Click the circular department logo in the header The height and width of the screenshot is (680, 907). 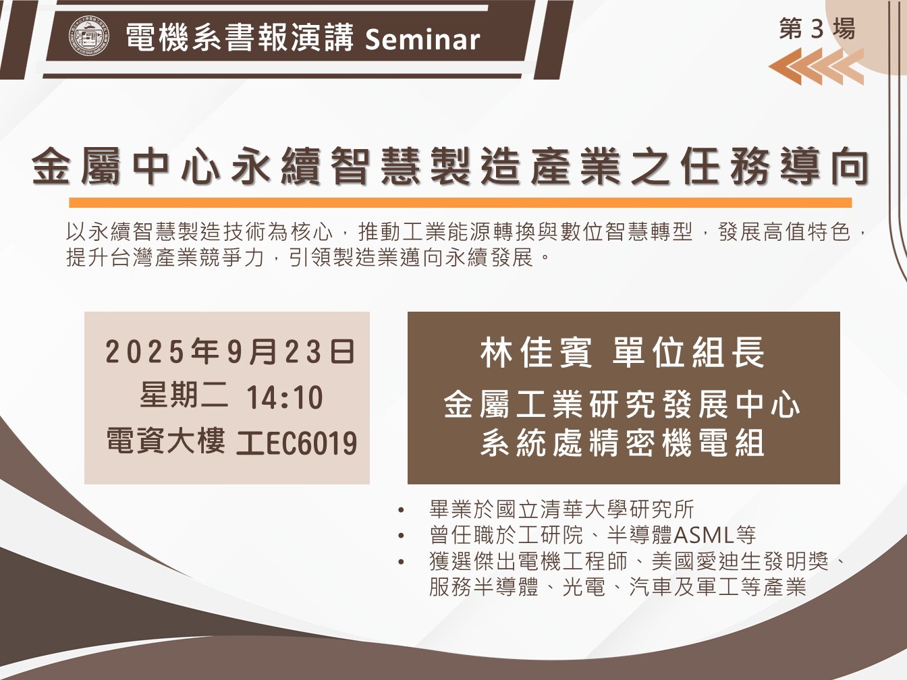(x=89, y=36)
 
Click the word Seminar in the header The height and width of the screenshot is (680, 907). (x=422, y=39)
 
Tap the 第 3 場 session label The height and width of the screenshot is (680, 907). (x=817, y=29)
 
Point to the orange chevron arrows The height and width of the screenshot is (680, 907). (x=816, y=67)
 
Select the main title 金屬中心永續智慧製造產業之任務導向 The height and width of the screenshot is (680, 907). (x=451, y=167)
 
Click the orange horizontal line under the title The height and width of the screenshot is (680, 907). (x=460, y=202)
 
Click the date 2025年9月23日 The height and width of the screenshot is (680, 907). (x=230, y=351)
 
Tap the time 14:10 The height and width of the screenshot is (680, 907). (x=285, y=397)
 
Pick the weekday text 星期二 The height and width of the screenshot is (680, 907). (x=184, y=396)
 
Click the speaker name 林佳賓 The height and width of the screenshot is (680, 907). (x=536, y=353)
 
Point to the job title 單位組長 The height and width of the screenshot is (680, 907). (x=688, y=353)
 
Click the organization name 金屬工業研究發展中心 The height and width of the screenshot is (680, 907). (x=622, y=405)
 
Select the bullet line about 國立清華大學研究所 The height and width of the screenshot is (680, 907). (x=561, y=509)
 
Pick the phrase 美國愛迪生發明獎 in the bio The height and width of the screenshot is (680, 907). (x=740, y=561)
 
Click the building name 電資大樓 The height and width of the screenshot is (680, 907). (x=166, y=441)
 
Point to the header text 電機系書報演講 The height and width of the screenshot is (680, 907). (x=240, y=37)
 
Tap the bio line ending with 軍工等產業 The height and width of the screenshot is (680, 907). (x=617, y=587)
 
